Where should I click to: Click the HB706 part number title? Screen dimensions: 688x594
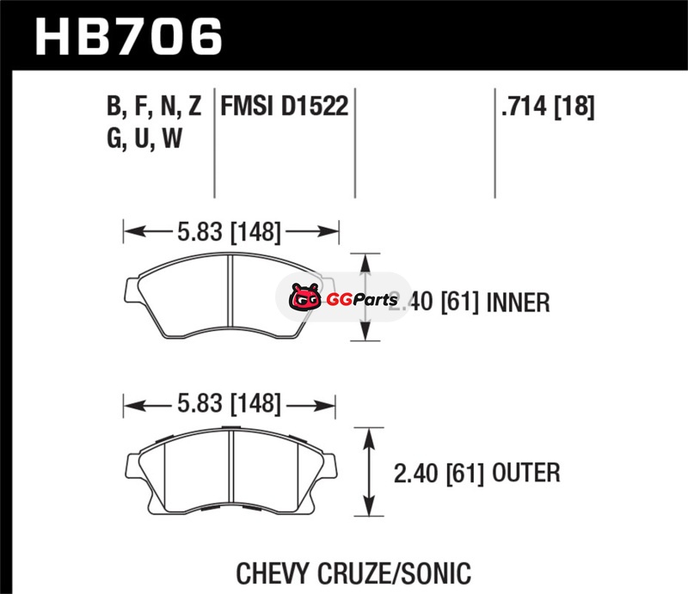[x=128, y=36]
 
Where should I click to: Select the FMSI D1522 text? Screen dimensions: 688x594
[x=285, y=106]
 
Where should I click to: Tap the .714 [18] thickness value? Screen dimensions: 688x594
[x=548, y=107]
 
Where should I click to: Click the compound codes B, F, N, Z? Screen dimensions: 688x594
[x=154, y=107]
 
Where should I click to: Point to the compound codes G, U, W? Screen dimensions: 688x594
[x=144, y=138]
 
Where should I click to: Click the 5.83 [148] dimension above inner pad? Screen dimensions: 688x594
[x=229, y=231]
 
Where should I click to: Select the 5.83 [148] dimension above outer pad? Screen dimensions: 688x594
[x=229, y=404]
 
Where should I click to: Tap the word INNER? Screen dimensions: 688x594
[x=519, y=303]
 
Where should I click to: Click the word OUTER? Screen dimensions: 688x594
[x=526, y=473]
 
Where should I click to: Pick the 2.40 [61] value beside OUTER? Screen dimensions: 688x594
[x=439, y=474]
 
